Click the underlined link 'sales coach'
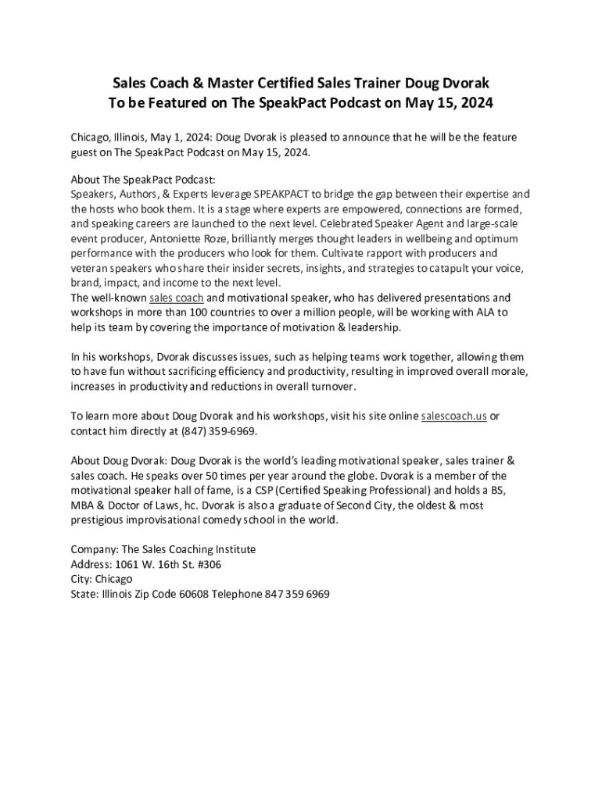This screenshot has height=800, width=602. click(x=177, y=298)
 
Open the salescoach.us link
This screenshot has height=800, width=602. click(x=454, y=416)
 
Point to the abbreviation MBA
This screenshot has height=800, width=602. click(x=83, y=505)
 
